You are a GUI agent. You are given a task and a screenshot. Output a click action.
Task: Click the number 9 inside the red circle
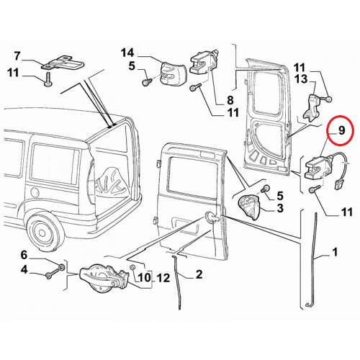click(341, 130)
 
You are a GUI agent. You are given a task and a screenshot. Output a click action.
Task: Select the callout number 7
click(17, 56)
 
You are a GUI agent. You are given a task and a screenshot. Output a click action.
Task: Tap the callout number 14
click(127, 53)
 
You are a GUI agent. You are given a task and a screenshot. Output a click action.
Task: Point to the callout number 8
click(230, 99)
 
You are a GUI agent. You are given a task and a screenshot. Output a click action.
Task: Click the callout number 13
click(301, 78)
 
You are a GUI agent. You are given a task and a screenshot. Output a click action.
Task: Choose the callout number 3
click(280, 208)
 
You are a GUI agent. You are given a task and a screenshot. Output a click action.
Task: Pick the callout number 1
click(335, 252)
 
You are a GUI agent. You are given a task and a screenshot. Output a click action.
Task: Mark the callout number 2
click(199, 274)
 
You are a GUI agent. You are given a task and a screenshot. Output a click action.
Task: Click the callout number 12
click(163, 278)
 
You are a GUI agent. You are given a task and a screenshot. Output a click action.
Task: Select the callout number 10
click(144, 278)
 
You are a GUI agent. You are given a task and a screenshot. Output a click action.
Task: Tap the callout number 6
click(24, 255)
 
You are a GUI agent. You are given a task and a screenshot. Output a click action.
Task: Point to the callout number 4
click(24, 270)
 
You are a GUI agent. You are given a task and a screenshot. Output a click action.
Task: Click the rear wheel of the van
click(42, 232)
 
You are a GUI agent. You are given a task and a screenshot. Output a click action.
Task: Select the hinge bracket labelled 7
click(63, 63)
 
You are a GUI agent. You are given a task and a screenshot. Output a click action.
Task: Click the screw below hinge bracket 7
click(48, 78)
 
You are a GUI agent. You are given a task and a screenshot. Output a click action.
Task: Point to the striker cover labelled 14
click(171, 73)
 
